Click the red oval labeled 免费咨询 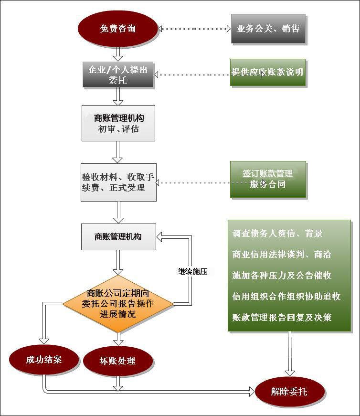pos(118,29)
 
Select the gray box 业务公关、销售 pos(268,29)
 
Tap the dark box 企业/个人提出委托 pos(118,75)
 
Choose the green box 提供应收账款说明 pos(267,73)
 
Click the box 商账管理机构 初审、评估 pos(118,123)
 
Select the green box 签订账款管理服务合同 pos(268,179)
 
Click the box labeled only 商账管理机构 pos(118,236)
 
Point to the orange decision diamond pos(118,303)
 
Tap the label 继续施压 pos(192,271)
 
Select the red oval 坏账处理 pos(117,361)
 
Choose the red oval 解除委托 pos(289,392)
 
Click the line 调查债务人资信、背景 pos(277,234)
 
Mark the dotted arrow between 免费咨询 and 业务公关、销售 pos(194,29)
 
